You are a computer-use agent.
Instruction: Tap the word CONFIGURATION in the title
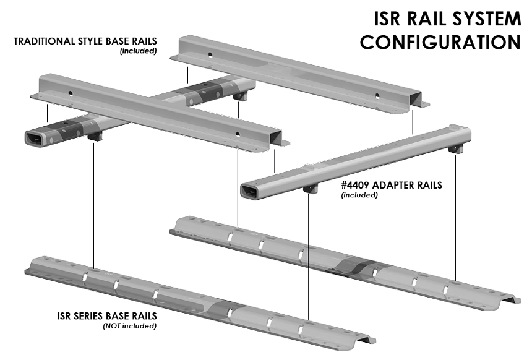click(440, 43)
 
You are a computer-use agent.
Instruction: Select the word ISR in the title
click(389, 19)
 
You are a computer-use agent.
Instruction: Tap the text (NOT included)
click(129, 325)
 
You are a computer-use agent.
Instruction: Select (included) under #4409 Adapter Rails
click(359, 195)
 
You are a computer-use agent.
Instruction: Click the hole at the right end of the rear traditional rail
click(377, 95)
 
